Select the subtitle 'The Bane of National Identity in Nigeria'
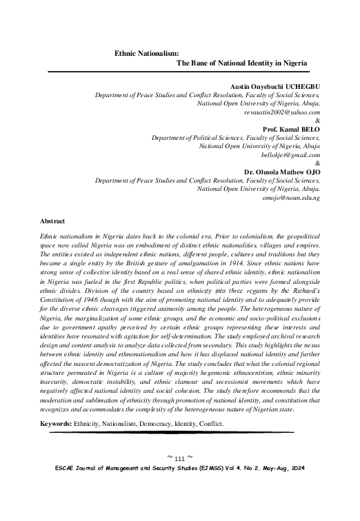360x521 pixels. click(x=242, y=63)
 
